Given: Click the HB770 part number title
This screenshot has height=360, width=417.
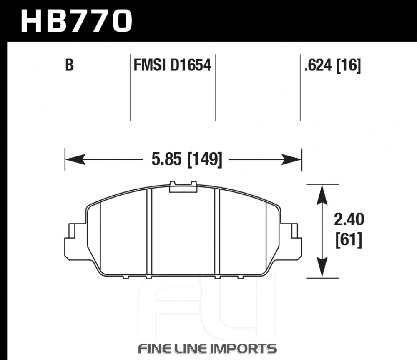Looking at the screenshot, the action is (x=76, y=21).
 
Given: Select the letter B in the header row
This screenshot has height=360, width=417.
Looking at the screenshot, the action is (x=69, y=65).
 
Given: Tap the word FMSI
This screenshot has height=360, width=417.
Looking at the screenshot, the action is (x=149, y=65).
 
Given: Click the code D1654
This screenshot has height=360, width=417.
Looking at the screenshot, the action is (x=191, y=65).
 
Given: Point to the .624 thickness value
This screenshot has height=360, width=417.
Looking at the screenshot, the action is (x=318, y=65).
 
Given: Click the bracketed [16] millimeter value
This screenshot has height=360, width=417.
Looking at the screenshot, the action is (x=349, y=65).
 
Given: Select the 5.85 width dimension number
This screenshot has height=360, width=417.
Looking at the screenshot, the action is (x=167, y=159).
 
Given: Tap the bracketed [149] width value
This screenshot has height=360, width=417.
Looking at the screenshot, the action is (x=204, y=160).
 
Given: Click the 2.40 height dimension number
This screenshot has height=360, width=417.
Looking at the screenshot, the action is (x=349, y=220).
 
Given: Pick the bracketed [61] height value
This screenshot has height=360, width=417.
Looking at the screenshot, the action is (x=349, y=240).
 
